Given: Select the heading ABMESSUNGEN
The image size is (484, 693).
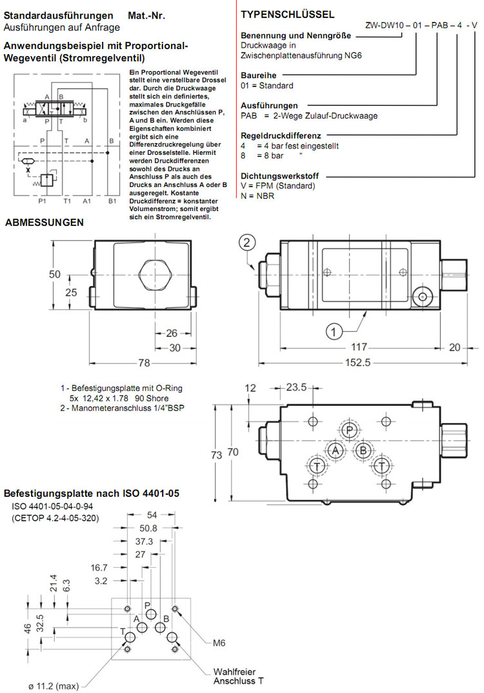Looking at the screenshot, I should click(45, 223).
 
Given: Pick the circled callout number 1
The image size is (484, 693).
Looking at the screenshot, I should click(333, 332).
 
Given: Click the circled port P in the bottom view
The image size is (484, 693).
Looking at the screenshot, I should click(349, 431).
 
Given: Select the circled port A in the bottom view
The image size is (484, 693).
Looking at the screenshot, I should click(334, 450).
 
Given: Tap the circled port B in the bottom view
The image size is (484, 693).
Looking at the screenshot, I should click(363, 450).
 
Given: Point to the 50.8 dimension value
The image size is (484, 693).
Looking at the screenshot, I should click(148, 528).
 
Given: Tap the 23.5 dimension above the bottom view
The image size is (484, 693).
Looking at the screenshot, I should click(296, 388).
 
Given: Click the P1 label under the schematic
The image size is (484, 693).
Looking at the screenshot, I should click(42, 201).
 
